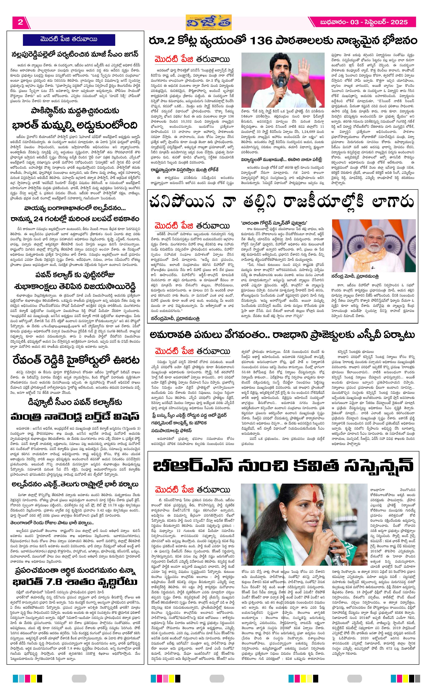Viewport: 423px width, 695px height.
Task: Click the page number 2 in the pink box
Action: (20, 22)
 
